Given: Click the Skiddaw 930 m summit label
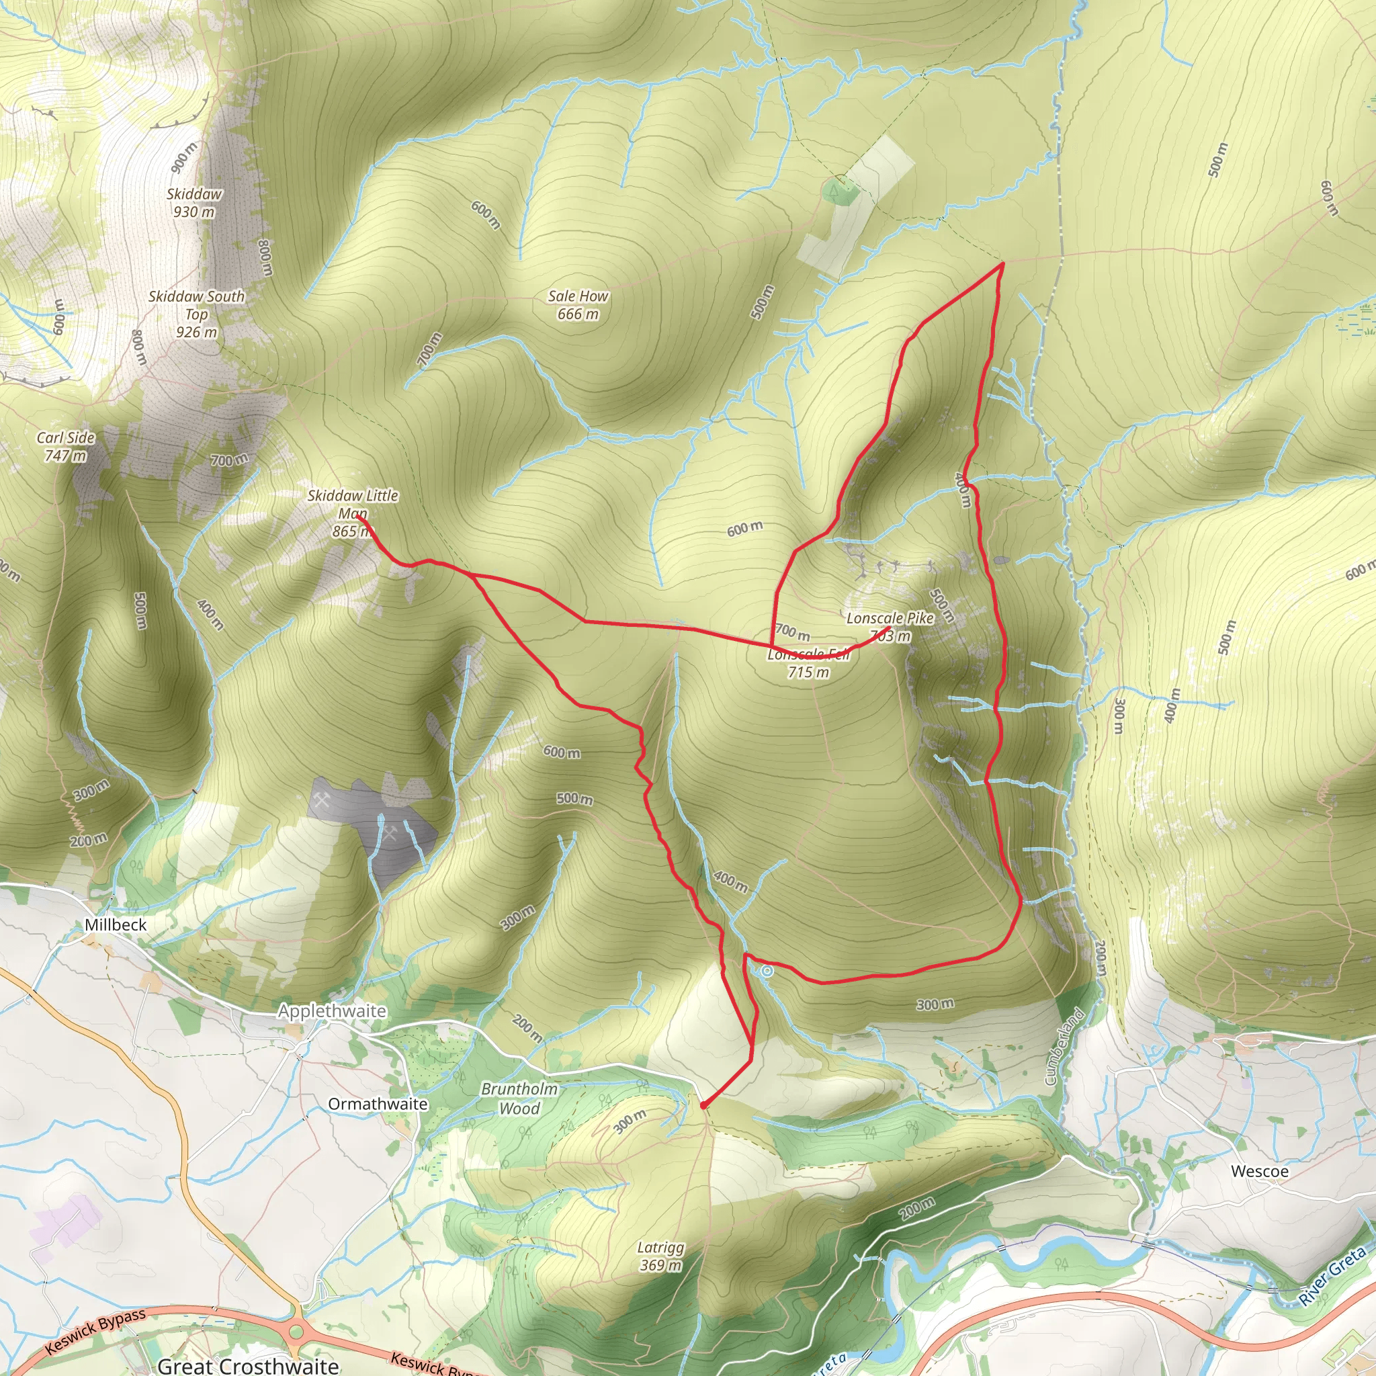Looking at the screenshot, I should (x=193, y=203).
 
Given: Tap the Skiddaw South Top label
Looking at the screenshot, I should (x=196, y=314).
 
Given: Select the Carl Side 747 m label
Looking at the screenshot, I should (x=66, y=447).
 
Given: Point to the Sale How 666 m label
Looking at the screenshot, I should (x=578, y=305).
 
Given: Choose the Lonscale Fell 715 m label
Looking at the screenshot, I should (x=808, y=663).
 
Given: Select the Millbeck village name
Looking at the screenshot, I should (x=116, y=924).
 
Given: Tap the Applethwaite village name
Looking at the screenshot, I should (x=332, y=1010).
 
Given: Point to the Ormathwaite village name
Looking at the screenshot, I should (x=378, y=1103).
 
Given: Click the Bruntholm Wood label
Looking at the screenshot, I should (x=519, y=1099).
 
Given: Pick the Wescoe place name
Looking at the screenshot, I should (x=1259, y=1172).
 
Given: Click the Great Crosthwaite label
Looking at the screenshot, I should (x=248, y=1365).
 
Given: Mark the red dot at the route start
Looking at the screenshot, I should (x=703, y=1105).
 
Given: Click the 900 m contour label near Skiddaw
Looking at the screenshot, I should (x=183, y=157).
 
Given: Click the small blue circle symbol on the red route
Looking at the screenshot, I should (x=767, y=971).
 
